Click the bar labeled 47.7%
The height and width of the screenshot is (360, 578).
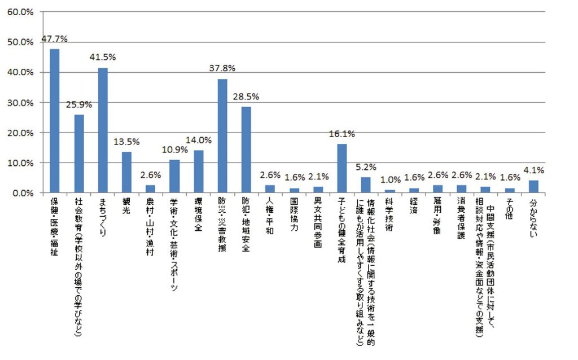55,121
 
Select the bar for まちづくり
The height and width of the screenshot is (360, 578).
103,130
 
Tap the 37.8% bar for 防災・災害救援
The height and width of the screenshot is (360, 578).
222,136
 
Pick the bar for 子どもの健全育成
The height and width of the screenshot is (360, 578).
342,169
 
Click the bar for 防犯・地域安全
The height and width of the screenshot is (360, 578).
246,150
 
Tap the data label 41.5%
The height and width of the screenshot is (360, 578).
103,58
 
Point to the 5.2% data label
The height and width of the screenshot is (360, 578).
366,167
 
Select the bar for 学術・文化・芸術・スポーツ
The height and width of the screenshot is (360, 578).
174,176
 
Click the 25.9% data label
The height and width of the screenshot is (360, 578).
79,104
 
